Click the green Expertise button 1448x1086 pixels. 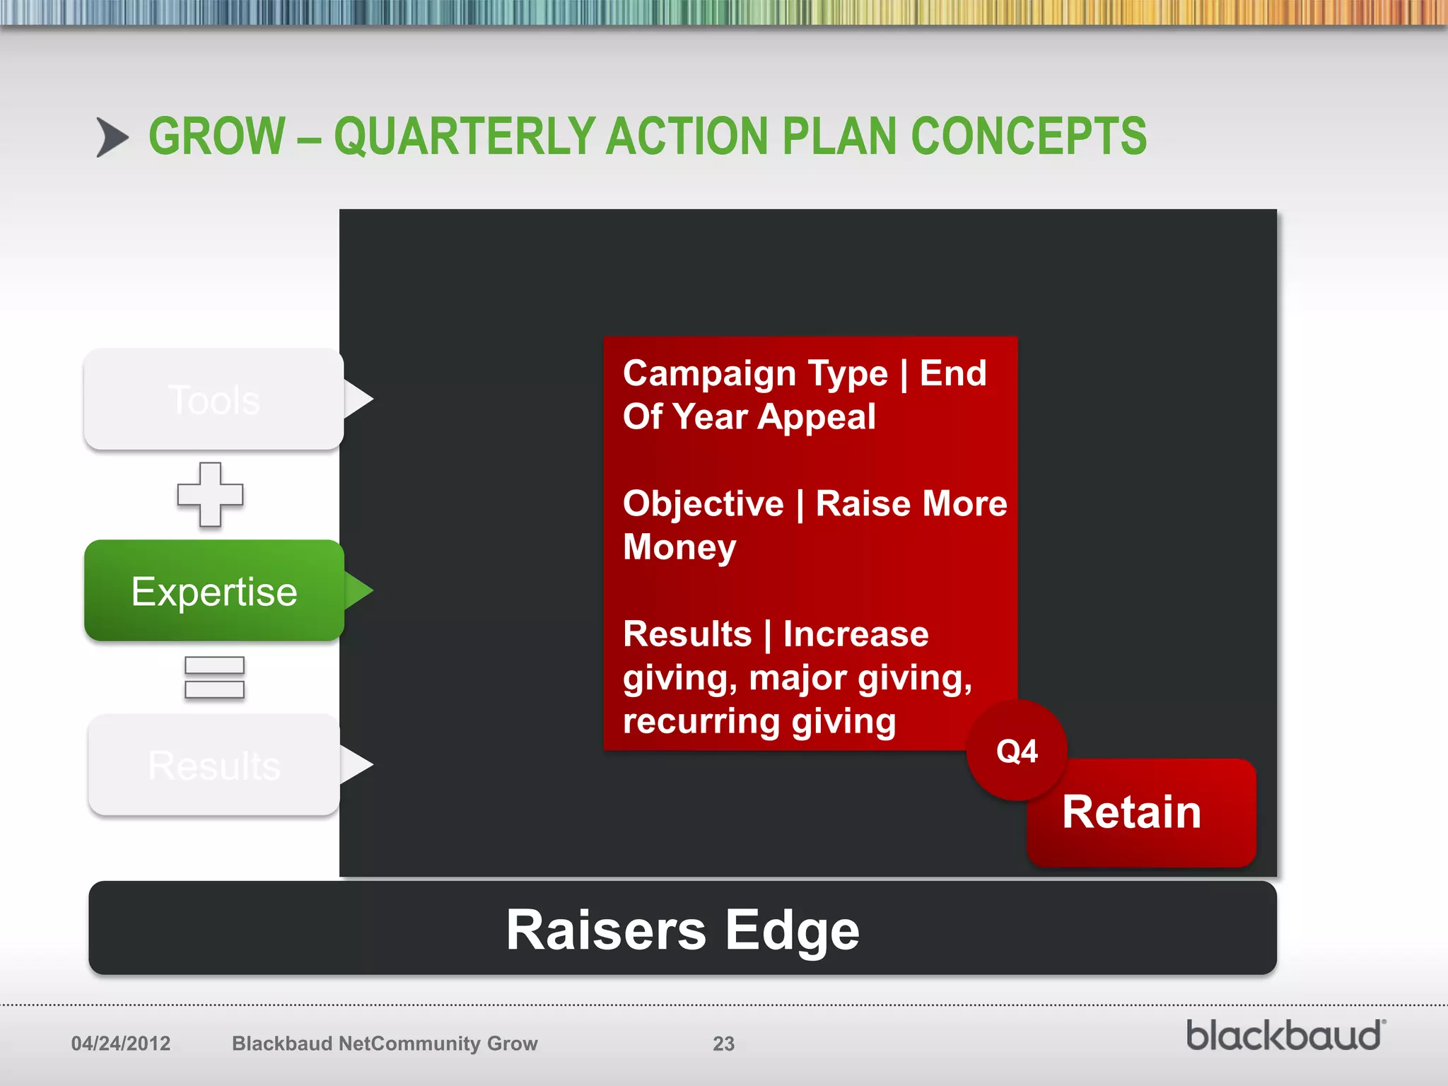214,591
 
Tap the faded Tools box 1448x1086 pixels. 214,399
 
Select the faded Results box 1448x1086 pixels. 214,765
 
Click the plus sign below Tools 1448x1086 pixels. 210,494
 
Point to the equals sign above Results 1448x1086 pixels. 214,677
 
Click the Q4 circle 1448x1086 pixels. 1017,751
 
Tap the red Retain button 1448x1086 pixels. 1140,812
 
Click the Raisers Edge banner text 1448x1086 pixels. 682,930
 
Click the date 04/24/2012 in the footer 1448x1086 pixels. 121,1044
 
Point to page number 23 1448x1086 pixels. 723,1044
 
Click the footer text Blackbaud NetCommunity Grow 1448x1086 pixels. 385,1044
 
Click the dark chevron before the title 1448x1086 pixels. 112,137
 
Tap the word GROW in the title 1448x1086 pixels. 217,136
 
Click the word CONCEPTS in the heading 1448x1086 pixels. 1029,136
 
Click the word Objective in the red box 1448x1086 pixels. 703,503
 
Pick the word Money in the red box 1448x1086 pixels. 679,547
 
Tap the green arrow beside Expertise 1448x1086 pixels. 358,591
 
